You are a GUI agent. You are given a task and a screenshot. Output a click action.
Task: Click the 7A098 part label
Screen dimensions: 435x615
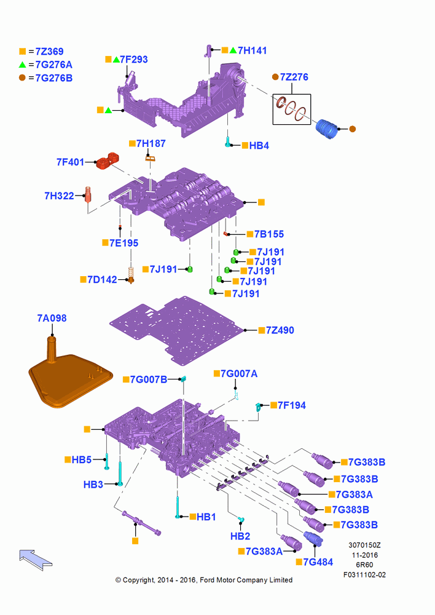pyautogui.click(x=52, y=318)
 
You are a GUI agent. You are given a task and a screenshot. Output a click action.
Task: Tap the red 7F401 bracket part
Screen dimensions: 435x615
pyautogui.click(x=108, y=161)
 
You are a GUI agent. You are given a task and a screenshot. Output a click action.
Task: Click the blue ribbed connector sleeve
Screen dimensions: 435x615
pyautogui.click(x=327, y=129)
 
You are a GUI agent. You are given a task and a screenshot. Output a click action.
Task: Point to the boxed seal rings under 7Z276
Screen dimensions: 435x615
pyautogui.click(x=292, y=109)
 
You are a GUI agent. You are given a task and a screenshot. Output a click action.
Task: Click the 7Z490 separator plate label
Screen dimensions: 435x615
pyautogui.click(x=280, y=330)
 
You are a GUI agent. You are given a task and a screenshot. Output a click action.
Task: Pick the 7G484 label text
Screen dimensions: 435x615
pyautogui.click(x=318, y=562)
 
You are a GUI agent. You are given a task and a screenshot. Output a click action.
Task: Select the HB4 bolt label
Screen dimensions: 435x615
pyautogui.click(x=259, y=146)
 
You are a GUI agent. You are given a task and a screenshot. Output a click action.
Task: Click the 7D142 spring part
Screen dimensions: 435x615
pyautogui.click(x=131, y=275)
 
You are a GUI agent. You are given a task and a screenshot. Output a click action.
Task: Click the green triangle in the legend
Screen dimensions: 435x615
pyautogui.click(x=22, y=65)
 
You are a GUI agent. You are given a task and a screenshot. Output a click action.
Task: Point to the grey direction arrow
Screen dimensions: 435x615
pyautogui.click(x=35, y=559)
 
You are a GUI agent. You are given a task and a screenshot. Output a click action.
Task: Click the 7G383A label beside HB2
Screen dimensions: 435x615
pyautogui.click(x=264, y=552)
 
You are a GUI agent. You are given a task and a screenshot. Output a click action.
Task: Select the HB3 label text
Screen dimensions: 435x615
pyautogui.click(x=93, y=485)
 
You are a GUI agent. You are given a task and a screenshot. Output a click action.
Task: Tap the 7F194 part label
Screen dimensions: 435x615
pyautogui.click(x=292, y=405)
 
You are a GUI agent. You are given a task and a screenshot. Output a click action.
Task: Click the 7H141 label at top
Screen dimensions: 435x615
pyautogui.click(x=253, y=50)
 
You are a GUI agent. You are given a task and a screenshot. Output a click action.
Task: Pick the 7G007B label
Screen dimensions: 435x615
pyautogui.click(x=149, y=379)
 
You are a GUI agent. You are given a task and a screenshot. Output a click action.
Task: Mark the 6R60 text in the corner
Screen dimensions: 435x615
pyautogui.click(x=364, y=565)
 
